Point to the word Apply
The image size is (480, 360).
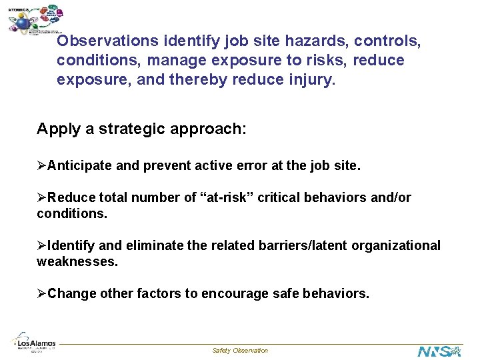coord(59,129)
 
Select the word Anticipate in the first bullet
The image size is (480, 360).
coord(80,165)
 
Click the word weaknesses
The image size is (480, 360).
coord(77,262)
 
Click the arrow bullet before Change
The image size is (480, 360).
coord(42,294)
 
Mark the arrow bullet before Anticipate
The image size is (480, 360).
coord(42,165)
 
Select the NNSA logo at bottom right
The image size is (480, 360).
coord(439,351)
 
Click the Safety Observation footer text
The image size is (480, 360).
coord(240,351)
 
